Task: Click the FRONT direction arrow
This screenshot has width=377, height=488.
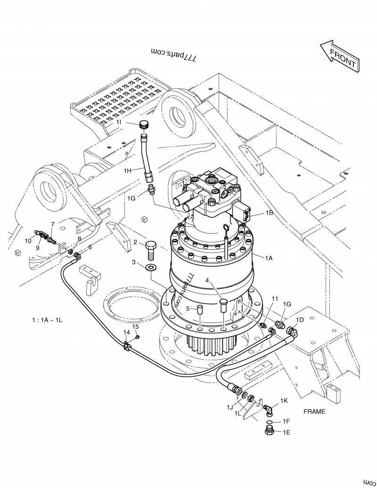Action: [340, 56]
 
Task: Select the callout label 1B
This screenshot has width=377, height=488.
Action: [269, 213]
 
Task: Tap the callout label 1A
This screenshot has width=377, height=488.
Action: [269, 258]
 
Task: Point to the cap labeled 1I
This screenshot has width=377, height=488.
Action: [144, 124]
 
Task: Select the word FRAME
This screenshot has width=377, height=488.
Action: [314, 411]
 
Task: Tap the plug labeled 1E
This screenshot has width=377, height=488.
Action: [270, 430]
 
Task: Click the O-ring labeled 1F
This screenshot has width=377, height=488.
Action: [269, 422]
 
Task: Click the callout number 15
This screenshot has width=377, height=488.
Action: [135, 327]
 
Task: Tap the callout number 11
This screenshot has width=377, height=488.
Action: [275, 299]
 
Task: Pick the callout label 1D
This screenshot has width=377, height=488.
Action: [299, 319]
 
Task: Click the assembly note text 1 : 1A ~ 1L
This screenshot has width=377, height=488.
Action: [47, 320]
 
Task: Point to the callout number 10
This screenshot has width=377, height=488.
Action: [28, 240]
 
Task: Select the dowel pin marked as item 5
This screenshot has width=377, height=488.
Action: [200, 311]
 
